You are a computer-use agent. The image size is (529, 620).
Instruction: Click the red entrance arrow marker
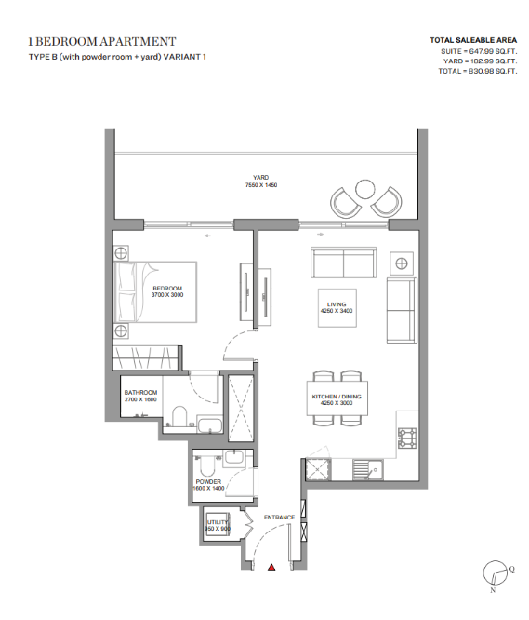pyautogui.click(x=271, y=568)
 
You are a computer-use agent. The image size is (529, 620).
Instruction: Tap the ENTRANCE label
pyautogui.click(x=279, y=518)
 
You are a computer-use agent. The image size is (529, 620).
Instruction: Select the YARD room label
pyautogui.click(x=260, y=178)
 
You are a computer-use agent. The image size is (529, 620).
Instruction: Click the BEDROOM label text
pyautogui.click(x=167, y=289)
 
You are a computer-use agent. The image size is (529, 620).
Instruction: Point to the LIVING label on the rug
pyautogui.click(x=337, y=304)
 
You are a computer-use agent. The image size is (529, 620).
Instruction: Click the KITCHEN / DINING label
pyautogui.click(x=337, y=397)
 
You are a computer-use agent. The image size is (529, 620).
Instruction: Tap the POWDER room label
pyautogui.click(x=208, y=481)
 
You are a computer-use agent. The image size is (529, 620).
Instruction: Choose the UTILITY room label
pyautogui.click(x=218, y=522)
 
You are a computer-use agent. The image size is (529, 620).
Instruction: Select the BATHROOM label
pyautogui.click(x=140, y=392)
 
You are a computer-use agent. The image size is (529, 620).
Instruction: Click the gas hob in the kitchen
pyautogui.click(x=407, y=438)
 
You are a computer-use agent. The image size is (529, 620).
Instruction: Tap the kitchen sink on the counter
pyautogui.click(x=367, y=470)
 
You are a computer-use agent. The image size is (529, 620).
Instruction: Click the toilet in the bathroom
pyautogui.click(x=179, y=416)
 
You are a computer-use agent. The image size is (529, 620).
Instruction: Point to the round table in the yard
pyautogui.click(x=364, y=189)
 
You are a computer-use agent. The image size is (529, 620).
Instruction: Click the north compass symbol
pyautogui.click(x=496, y=573)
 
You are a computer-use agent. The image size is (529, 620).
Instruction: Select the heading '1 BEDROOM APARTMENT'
pyautogui.click(x=102, y=42)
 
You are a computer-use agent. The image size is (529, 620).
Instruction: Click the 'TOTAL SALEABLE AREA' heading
pyautogui.click(x=473, y=40)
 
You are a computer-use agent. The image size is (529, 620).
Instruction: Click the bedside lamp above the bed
pyautogui.click(x=121, y=252)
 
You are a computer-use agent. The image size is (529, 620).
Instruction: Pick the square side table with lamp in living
pyautogui.click(x=402, y=263)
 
